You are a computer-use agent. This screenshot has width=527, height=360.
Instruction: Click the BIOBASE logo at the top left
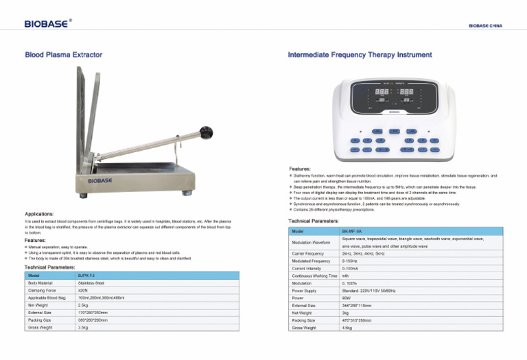47,24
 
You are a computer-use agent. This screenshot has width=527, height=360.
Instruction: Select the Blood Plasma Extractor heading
64,53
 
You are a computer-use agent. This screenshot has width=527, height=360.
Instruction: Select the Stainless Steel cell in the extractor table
91,283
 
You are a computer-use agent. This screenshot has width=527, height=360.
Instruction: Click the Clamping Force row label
43,290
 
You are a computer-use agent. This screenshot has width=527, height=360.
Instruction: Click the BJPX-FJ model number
86,275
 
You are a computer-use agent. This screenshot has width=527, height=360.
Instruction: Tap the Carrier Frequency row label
307,254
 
